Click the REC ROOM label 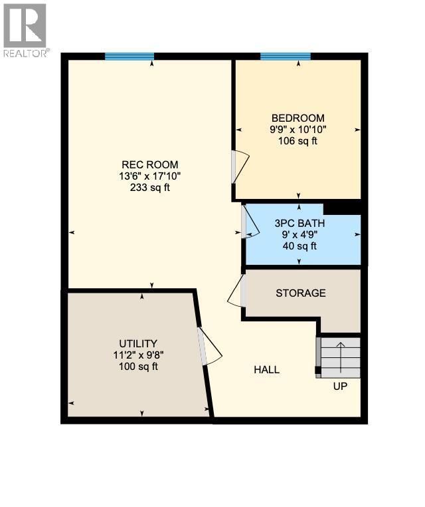(149, 164)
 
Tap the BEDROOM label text (297, 118)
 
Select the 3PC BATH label (299, 224)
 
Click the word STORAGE (301, 293)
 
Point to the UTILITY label (138, 343)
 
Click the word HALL (266, 370)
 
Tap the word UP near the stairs (339, 386)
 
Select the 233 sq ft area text (150, 188)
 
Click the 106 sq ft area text (297, 141)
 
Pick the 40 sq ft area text (299, 246)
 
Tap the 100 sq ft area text (138, 367)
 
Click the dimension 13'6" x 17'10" (149, 176)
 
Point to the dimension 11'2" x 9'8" (138, 355)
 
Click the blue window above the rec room (129, 57)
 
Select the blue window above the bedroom (286, 57)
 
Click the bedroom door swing (240, 166)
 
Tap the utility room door (210, 346)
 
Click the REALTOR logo (25, 30)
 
